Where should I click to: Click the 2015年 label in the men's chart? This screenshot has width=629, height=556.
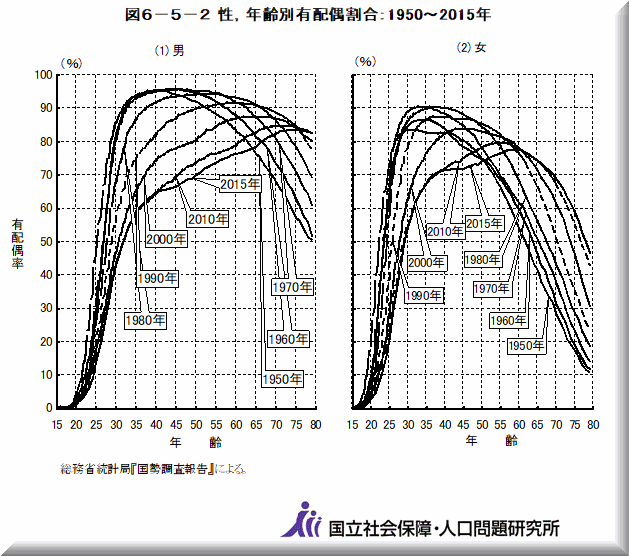pyautogui.click(x=240, y=184)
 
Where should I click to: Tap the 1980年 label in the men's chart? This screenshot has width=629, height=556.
pyautogui.click(x=145, y=320)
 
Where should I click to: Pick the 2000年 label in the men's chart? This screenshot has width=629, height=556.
pyautogui.click(x=166, y=239)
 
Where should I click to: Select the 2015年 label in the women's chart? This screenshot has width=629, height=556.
pyautogui.click(x=484, y=223)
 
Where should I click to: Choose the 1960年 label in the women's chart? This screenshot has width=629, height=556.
pyautogui.click(x=509, y=320)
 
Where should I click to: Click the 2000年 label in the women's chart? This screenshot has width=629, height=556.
pyautogui.click(x=426, y=263)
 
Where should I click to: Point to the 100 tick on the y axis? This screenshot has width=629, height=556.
pyautogui.click(x=43, y=75)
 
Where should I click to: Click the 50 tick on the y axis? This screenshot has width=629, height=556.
pyautogui.click(x=46, y=242)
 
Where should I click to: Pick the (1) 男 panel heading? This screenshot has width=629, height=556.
pyautogui.click(x=168, y=50)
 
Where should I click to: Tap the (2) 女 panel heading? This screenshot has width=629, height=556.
pyautogui.click(x=471, y=49)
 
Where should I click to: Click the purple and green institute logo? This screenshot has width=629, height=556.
pyautogui.click(x=307, y=520)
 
